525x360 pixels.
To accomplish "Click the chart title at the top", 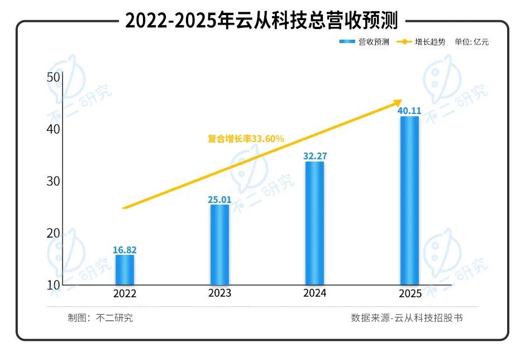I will coord(261,21).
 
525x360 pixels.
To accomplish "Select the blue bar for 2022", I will coord(125,270).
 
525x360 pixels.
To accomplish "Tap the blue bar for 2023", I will coord(219,245).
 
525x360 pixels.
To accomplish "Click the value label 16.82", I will coord(125,250).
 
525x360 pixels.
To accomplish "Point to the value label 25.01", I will coord(219,199).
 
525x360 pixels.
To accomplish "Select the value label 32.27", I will coord(314,156).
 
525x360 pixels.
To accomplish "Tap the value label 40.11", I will coord(409,111).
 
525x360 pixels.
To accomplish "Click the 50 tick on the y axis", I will coord(54,77).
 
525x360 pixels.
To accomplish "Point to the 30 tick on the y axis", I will coord(54,181).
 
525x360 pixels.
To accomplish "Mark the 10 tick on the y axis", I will coord(54,285).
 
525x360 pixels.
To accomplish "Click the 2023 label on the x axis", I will coord(219,293).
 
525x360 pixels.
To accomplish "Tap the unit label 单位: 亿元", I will coord(471,42).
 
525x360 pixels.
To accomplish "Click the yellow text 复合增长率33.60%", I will coord(246,139).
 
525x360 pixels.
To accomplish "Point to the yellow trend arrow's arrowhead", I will coord(397,102).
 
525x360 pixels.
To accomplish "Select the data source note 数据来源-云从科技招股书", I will coord(407,318).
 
